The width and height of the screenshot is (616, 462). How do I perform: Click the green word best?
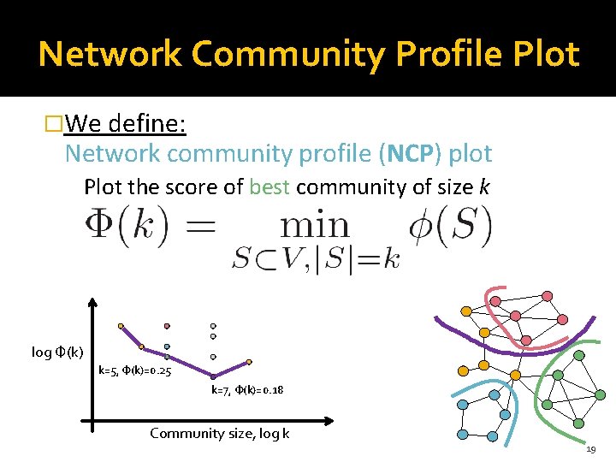pos(269,187)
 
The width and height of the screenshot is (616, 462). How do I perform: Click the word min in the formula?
pos(315,226)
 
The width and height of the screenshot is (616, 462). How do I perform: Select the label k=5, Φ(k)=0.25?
pos(135,370)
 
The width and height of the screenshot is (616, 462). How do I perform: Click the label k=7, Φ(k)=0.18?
pos(248,390)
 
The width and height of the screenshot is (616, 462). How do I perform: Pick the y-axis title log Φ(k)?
pos(56,352)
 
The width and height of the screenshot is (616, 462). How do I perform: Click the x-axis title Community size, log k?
pos(219,433)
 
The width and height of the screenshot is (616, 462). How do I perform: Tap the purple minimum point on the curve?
pos(213,376)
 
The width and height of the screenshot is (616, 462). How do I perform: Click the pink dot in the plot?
pos(167,326)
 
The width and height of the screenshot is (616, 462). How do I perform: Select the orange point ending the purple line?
pos(249,362)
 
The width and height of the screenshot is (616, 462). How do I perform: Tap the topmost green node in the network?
pos(578,355)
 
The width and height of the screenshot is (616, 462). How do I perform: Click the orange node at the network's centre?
pos(484,332)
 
